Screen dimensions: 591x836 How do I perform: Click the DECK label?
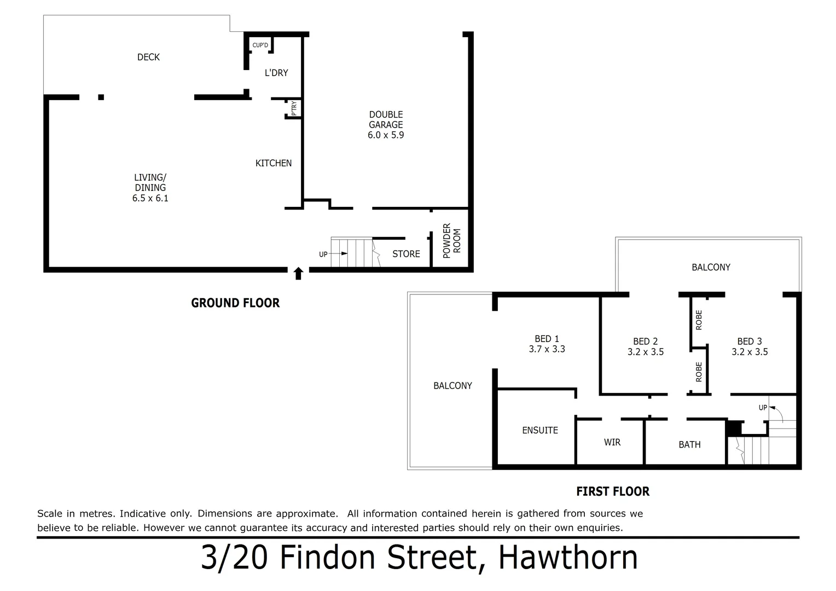148,57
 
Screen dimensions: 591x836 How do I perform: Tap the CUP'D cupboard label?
260,45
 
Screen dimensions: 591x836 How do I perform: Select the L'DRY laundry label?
276,73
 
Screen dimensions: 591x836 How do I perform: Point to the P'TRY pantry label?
294,108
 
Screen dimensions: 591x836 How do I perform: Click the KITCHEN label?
274,163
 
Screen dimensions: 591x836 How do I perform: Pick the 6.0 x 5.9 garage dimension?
386,135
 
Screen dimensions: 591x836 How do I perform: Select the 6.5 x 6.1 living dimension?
150,198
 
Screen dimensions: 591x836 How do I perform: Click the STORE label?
406,254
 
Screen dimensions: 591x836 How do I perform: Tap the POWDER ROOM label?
452,241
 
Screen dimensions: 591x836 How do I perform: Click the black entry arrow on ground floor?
298,274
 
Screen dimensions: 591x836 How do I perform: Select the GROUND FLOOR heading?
235,303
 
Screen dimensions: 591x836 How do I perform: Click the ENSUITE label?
540,431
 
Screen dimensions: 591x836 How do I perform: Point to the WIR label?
612,442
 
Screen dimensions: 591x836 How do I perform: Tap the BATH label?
689,444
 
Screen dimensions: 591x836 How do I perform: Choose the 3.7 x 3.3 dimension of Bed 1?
547,349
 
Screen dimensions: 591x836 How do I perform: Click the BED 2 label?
646,341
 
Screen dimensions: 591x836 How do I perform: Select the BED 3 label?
750,341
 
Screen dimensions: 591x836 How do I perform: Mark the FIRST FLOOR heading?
613,491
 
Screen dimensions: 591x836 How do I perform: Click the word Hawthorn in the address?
568,558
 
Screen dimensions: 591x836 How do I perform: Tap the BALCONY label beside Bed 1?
452,386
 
